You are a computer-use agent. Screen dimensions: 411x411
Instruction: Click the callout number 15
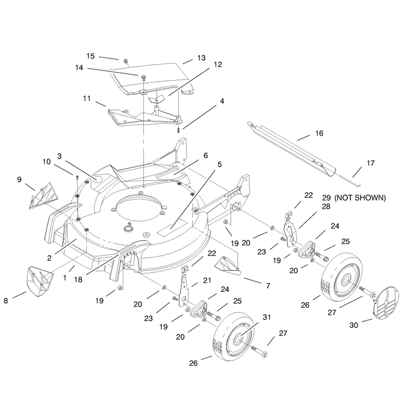click(x=90, y=56)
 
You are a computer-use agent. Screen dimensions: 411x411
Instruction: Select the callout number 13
click(x=201, y=58)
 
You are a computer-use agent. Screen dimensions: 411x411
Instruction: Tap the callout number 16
click(x=319, y=134)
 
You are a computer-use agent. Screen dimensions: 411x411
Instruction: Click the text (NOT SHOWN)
click(x=360, y=198)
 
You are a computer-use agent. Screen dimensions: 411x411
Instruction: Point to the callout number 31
click(x=267, y=317)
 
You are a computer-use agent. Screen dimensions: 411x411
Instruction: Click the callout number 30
click(x=353, y=325)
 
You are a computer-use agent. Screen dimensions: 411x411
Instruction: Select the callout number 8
click(x=6, y=301)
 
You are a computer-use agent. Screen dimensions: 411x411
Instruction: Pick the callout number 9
click(x=19, y=179)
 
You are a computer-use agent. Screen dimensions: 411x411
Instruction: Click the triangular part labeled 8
click(x=40, y=282)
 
